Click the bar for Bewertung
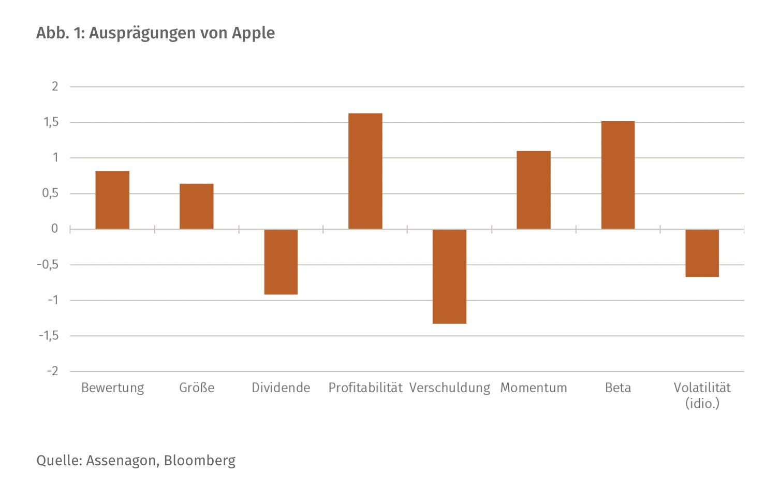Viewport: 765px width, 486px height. click(x=112, y=200)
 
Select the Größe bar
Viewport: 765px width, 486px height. click(x=196, y=206)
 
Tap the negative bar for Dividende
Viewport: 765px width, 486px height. click(x=281, y=262)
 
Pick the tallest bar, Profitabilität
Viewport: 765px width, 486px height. click(x=365, y=171)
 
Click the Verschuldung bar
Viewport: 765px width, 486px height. click(x=449, y=276)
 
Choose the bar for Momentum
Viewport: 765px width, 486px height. click(x=533, y=190)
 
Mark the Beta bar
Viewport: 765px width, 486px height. click(x=617, y=175)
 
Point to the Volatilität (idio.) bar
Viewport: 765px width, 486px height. click(x=702, y=253)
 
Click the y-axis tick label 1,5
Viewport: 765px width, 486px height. click(x=51, y=122)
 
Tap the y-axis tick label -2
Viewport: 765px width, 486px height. click(x=52, y=371)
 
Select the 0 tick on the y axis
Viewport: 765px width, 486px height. click(x=54, y=228)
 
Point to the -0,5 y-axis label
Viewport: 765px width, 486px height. click(x=47, y=265)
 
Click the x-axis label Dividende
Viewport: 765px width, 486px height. click(x=281, y=388)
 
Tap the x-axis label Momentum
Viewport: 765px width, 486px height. click(x=533, y=388)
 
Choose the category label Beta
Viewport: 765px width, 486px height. click(x=617, y=388)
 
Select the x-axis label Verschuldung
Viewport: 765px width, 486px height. click(x=449, y=388)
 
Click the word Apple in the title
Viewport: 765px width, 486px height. click(x=253, y=33)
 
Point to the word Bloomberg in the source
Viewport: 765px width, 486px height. click(x=199, y=461)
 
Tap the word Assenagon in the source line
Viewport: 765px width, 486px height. click(x=122, y=461)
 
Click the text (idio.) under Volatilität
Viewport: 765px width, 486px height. click(x=702, y=403)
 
